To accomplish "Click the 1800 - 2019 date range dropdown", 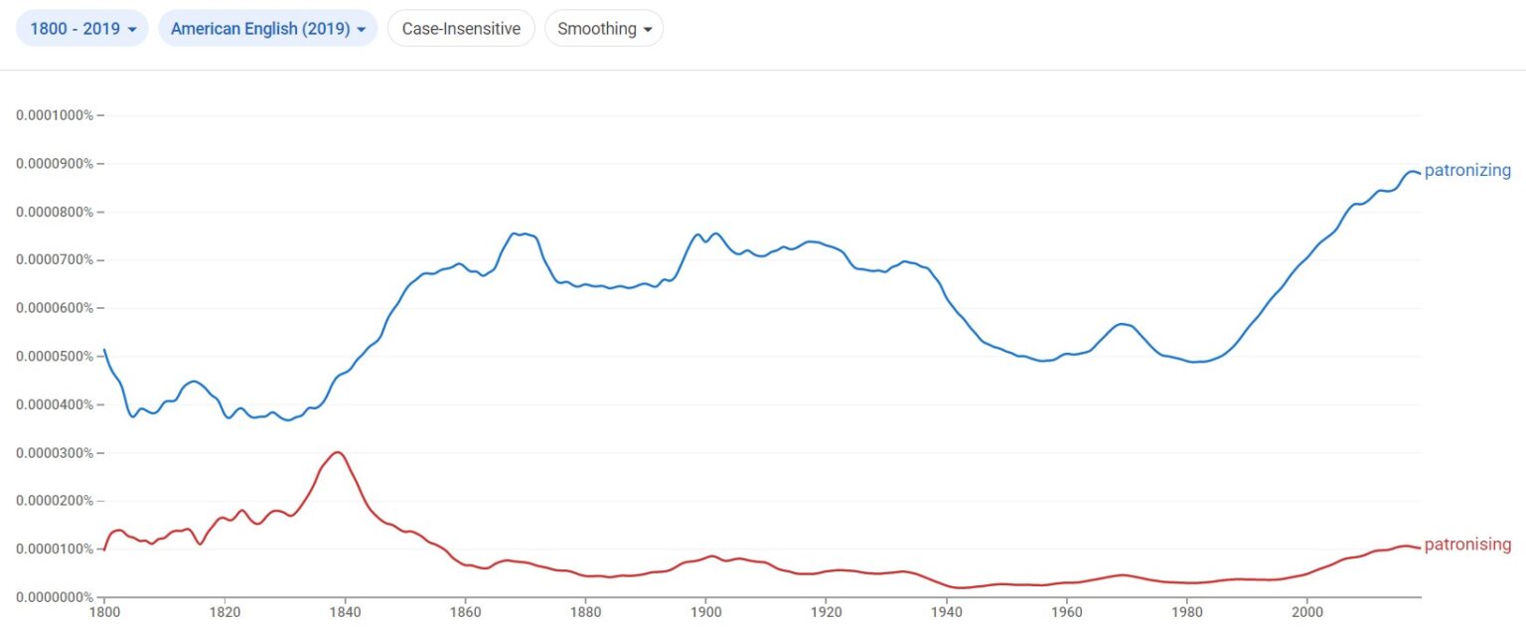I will [82, 29].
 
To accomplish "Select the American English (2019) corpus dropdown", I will [268, 29].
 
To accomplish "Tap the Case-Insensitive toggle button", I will [461, 29].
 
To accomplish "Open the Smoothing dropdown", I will [604, 29].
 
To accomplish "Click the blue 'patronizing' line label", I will [1467, 171].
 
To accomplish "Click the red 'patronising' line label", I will [1467, 545].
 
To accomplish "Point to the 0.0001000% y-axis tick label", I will [55, 115].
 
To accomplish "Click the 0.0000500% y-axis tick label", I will [55, 357].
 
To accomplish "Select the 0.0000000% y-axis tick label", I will [55, 597].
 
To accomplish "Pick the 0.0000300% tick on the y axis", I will [55, 453].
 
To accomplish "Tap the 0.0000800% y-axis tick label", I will [55, 212].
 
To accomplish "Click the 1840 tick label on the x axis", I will [345, 614].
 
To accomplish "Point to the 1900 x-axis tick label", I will [705, 614].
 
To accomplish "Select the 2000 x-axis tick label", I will [1307, 614].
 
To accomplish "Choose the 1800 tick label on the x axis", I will [103, 614].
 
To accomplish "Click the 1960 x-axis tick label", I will [1066, 614].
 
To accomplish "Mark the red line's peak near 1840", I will [338, 452].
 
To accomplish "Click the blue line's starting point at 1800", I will [104, 350].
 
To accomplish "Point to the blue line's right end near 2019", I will [1419, 173].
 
